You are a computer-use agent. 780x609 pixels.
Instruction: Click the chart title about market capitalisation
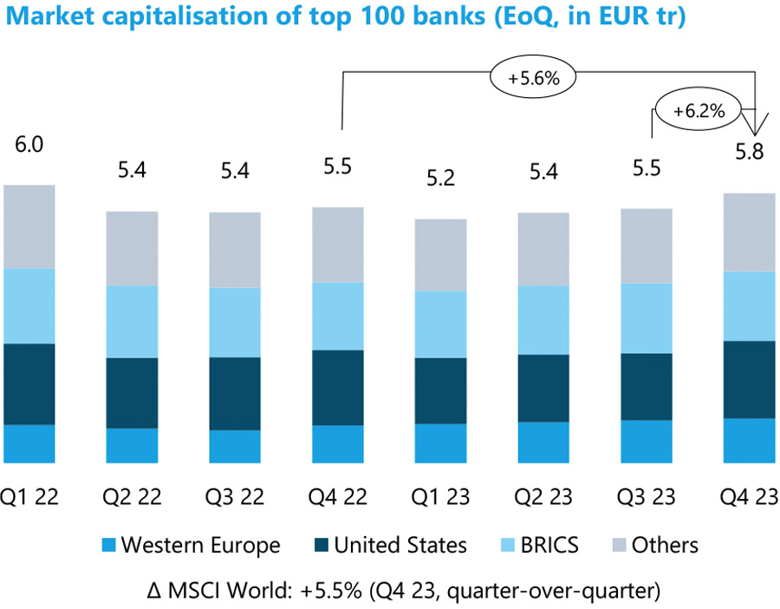point(344,17)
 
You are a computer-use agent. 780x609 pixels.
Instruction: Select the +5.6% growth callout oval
point(534,78)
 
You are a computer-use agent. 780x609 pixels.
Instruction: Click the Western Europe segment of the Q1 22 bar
point(29,443)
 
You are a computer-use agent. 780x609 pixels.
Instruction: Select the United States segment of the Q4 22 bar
point(338,387)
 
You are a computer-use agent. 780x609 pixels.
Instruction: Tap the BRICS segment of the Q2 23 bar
point(543,319)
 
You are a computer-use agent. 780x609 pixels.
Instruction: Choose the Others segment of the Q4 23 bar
point(749,232)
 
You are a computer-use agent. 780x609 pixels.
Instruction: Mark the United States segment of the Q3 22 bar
point(235,393)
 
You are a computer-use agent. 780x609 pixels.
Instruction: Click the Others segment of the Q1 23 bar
point(440,254)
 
